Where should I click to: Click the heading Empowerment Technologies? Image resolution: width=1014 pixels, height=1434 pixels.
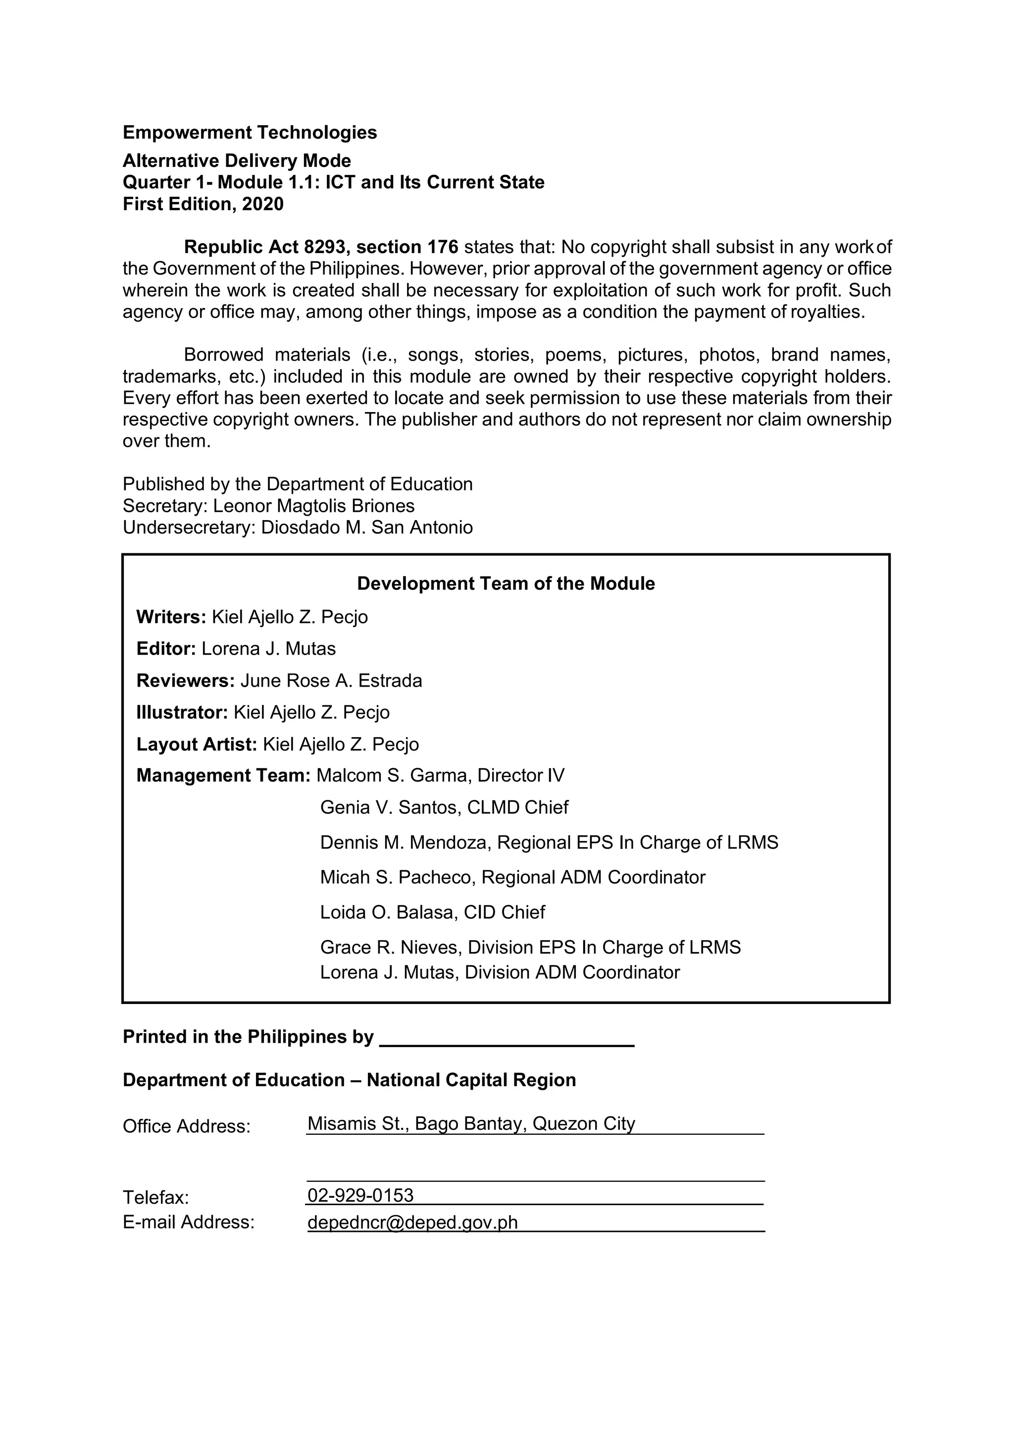250,132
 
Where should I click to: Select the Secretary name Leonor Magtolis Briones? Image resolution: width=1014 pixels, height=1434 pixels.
313,506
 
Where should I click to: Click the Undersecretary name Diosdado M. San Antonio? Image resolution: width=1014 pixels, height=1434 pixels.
366,528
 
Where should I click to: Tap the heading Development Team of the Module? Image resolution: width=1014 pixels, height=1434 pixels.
506,584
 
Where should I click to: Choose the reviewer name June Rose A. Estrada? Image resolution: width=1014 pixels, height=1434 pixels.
331,681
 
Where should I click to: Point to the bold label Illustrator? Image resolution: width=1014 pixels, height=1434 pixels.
182,713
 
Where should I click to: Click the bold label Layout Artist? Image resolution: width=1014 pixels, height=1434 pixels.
197,744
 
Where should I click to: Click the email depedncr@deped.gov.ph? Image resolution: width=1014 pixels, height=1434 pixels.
413,1222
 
